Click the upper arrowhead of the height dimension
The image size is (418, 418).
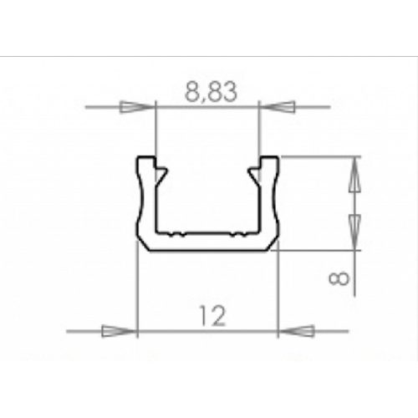coord(354,175)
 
